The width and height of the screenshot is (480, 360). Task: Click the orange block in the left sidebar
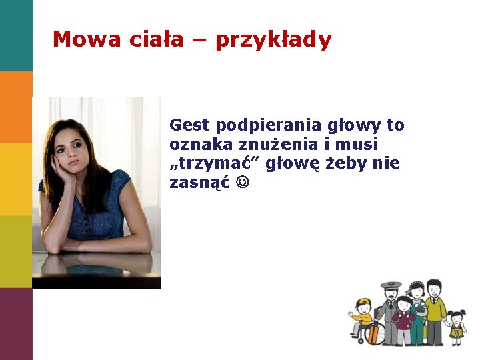click(x=16, y=107)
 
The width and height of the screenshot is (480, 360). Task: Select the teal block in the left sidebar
click(x=16, y=35)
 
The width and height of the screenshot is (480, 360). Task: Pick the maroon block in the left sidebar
click(x=16, y=323)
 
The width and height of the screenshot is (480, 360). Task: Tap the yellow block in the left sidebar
click(x=16, y=179)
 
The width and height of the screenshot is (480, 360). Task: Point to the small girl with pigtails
click(x=457, y=324)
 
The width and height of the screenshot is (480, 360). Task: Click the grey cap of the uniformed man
click(x=391, y=286)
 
